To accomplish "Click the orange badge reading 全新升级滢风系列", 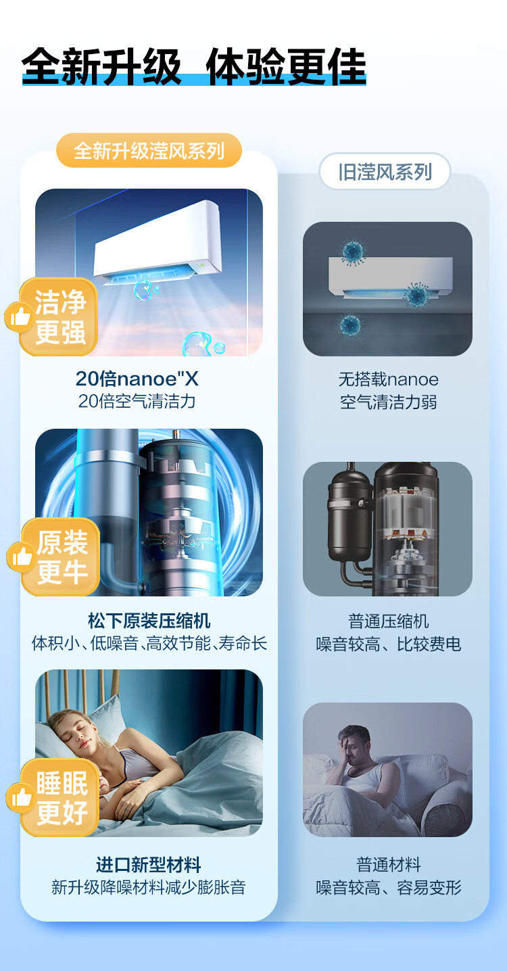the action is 149,150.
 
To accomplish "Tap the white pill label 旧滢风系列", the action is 385,171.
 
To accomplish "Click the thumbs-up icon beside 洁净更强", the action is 18,316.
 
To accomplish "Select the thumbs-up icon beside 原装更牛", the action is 20,556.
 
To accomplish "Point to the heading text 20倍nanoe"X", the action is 137,379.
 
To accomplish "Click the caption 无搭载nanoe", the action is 388,379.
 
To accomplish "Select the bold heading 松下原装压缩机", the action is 149,621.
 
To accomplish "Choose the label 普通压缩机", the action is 388,621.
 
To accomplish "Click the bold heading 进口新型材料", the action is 148,865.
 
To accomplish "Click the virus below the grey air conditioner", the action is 349,325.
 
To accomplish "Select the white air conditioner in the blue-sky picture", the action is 158,240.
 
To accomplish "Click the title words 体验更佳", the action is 286,66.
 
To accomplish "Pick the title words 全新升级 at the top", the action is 101,66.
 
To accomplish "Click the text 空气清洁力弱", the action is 388,402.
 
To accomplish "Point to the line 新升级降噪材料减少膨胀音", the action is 148,887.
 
